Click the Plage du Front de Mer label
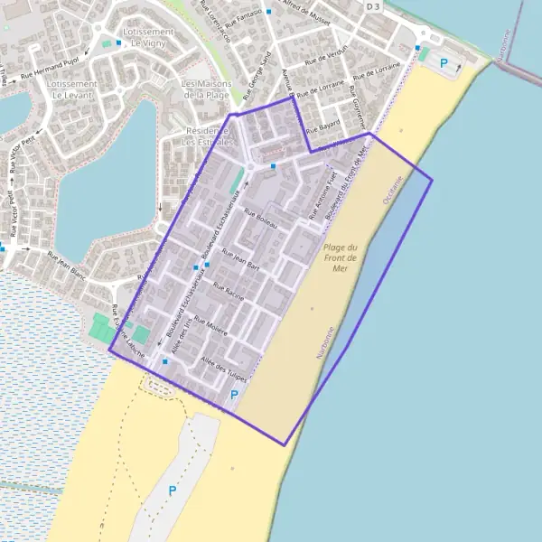pos(341,257)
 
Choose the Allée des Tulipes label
pos(223,369)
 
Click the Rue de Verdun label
pos(326,56)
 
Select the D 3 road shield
pos(373,6)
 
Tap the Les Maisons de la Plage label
pos(207,89)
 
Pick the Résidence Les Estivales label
pos(207,136)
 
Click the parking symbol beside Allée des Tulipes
pos(235,395)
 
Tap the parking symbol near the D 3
pos(443,62)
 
